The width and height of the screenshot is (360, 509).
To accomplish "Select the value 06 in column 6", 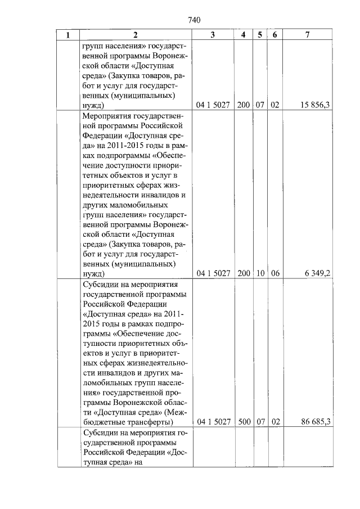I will coord(275,273).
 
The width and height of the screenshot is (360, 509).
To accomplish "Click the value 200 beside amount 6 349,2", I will coord(244,273).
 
